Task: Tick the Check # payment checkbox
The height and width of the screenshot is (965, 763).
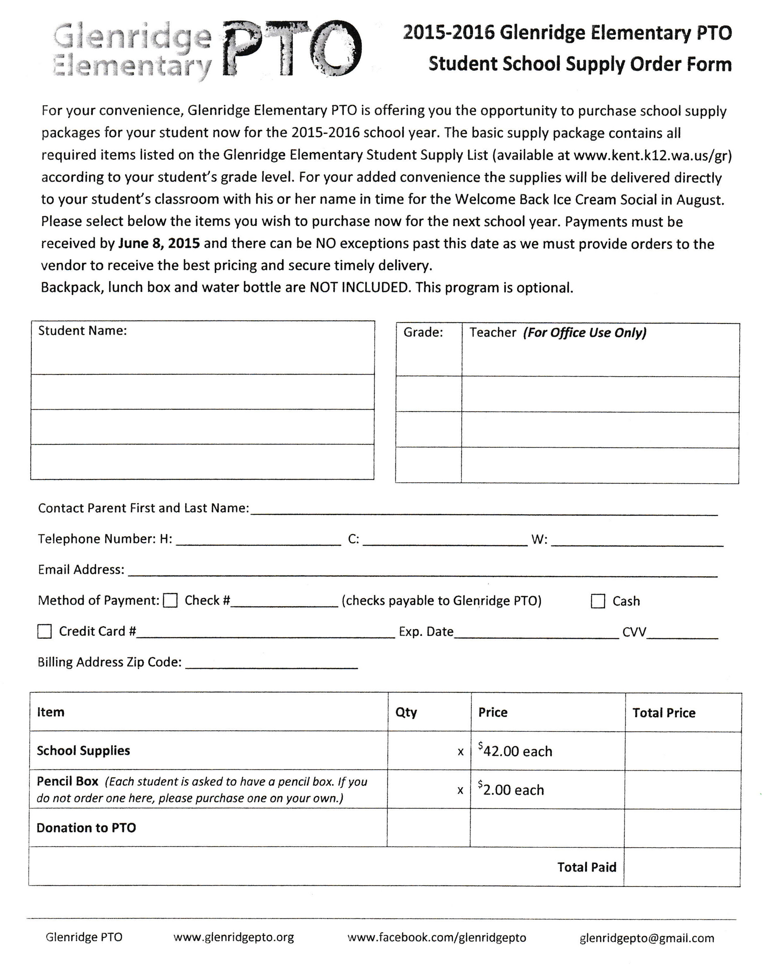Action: [170, 600]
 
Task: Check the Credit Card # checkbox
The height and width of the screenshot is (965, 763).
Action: [44, 632]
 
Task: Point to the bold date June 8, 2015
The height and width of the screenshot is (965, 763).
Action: [159, 243]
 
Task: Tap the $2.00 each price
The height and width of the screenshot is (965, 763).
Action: [511, 790]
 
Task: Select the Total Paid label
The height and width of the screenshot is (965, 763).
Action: [587, 867]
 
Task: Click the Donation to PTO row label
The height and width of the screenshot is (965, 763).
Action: [86, 828]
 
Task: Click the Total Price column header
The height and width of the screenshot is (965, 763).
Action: [664, 712]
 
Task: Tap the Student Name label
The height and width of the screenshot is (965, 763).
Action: [83, 331]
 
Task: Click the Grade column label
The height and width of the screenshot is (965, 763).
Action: [423, 332]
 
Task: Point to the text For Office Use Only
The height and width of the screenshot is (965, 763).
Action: [585, 333]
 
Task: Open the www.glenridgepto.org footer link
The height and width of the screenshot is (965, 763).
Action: [234, 937]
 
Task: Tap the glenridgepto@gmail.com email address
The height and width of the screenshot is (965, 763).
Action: [647, 938]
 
